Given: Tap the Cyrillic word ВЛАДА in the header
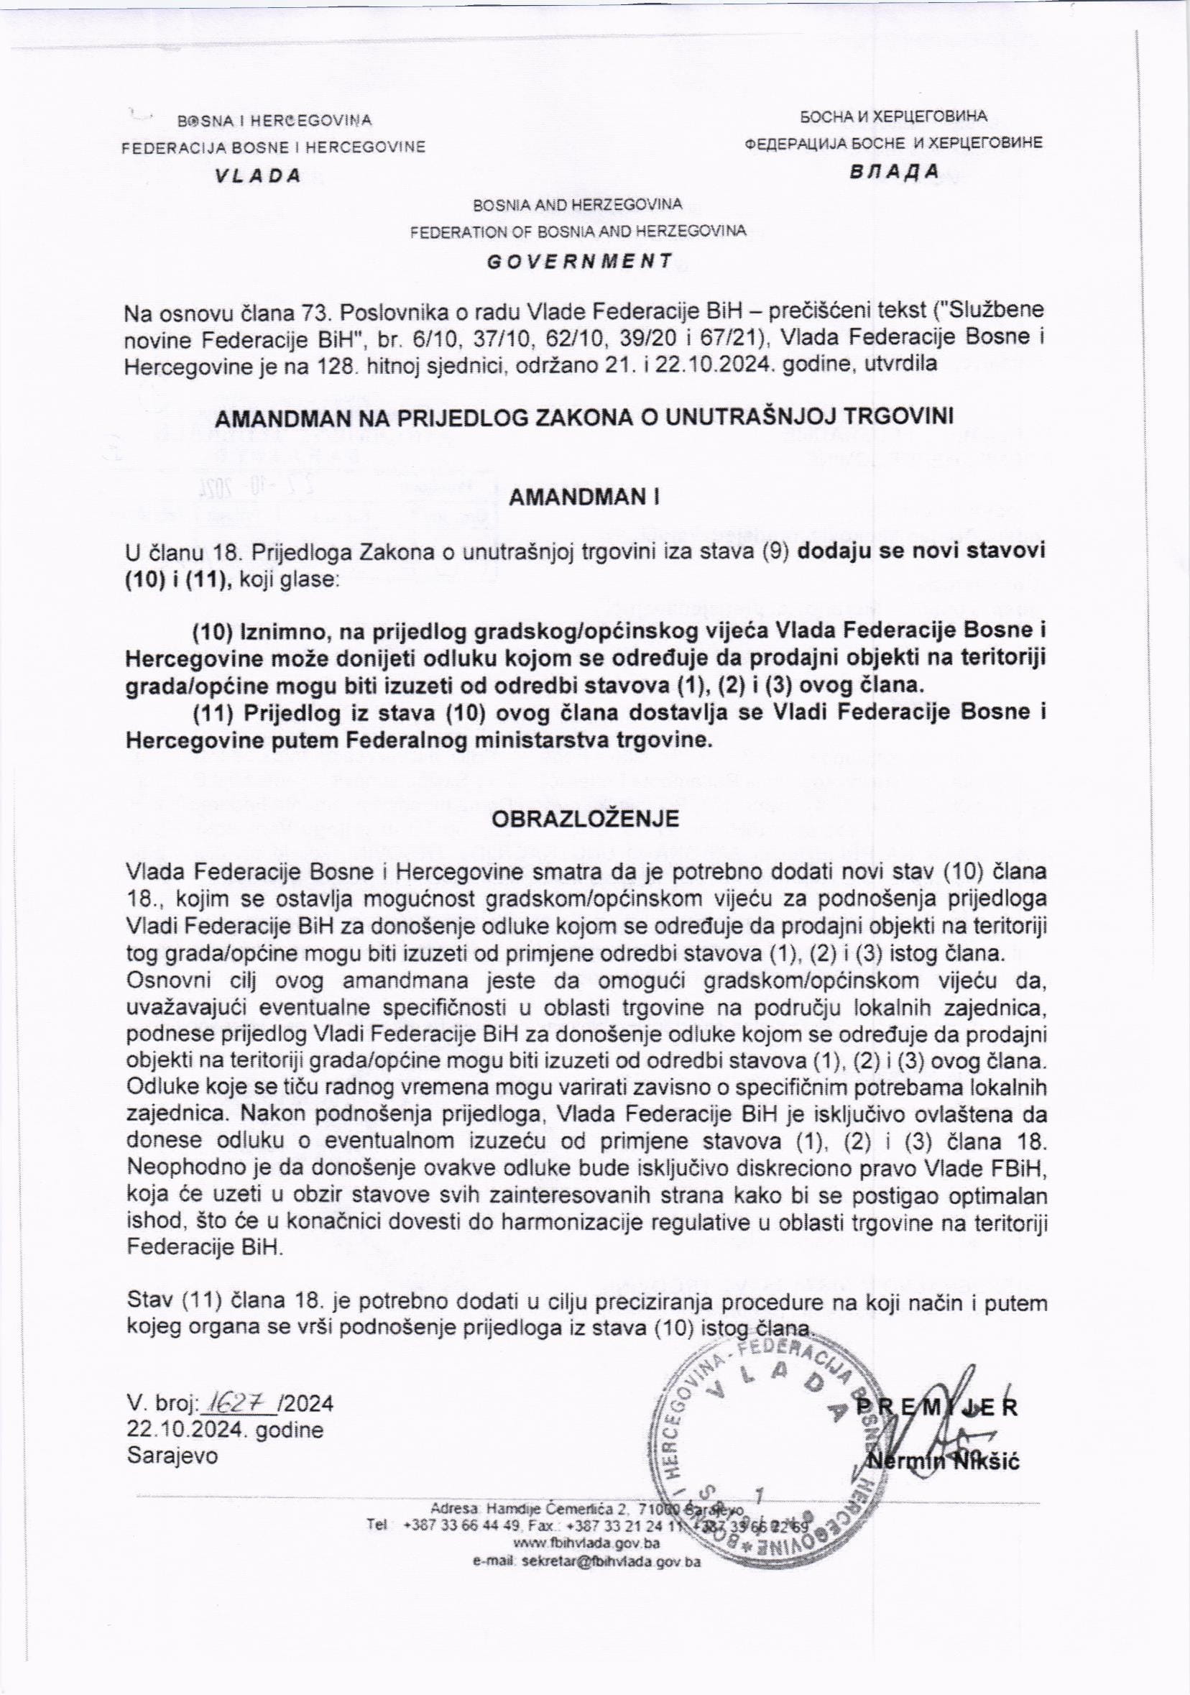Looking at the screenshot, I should point(893,171).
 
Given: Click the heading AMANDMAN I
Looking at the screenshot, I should point(584,497).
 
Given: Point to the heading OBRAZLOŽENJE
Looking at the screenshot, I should point(585,819).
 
